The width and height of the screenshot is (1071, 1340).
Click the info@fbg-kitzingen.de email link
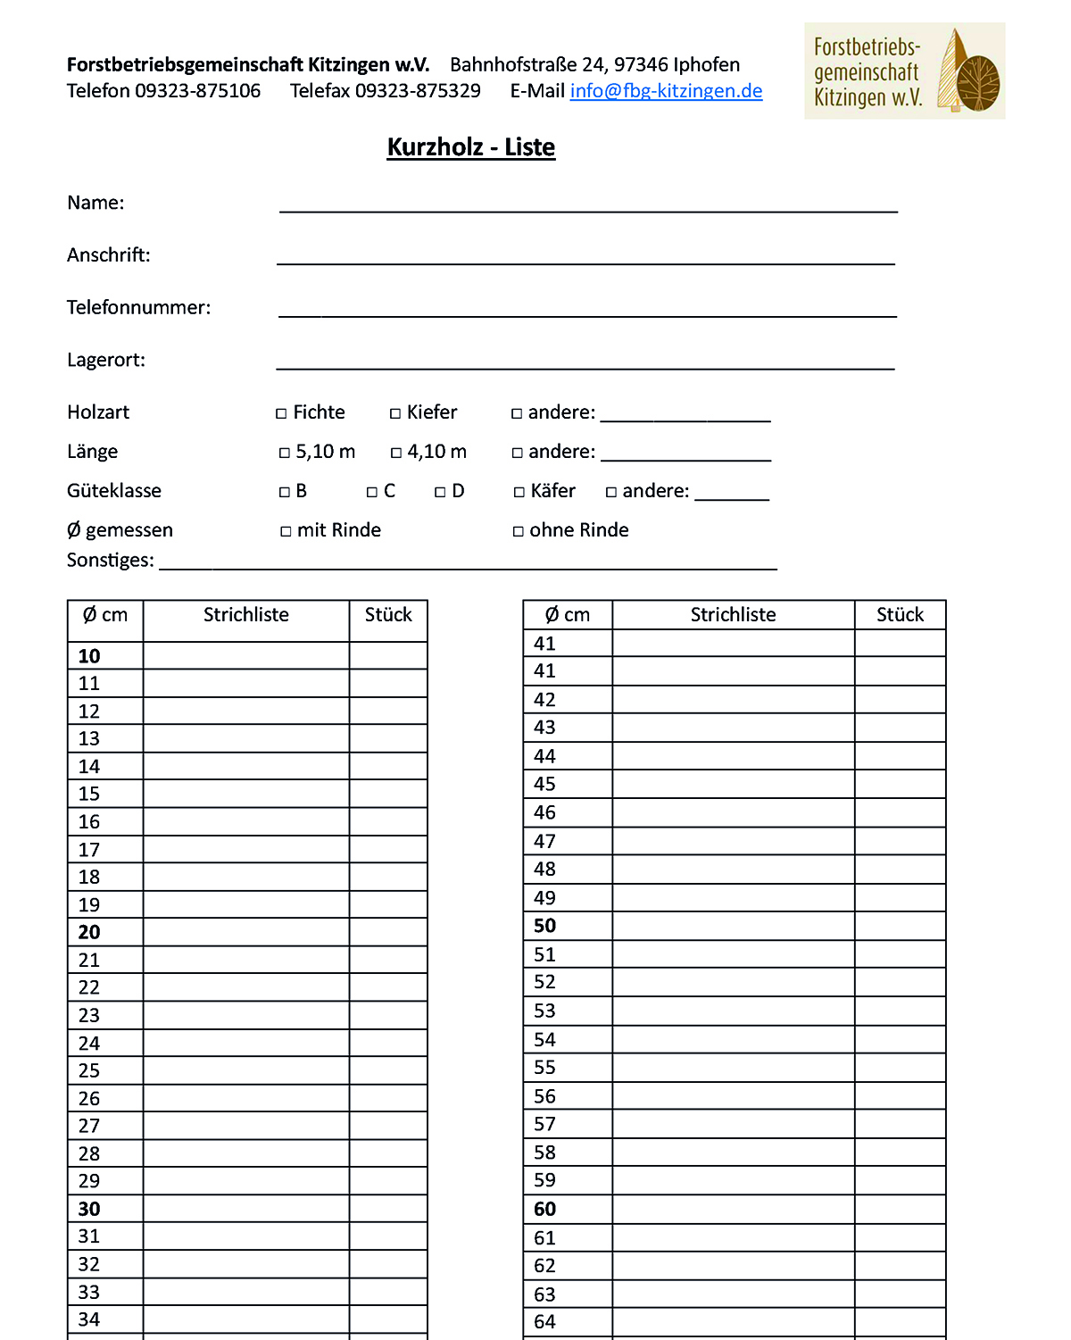click(666, 91)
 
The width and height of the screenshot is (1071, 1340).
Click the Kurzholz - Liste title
click(470, 147)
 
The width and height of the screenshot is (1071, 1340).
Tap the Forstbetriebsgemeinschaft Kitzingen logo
click(904, 71)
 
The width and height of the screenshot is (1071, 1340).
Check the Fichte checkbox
click(281, 413)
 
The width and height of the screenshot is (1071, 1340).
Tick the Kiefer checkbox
click(395, 413)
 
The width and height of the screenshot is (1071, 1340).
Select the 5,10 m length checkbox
click(285, 453)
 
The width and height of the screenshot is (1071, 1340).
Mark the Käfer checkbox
click(519, 492)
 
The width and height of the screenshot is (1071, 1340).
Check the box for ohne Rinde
click(519, 531)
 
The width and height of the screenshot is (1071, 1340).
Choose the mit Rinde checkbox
click(286, 531)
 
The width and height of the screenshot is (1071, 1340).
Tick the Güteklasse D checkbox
click(440, 492)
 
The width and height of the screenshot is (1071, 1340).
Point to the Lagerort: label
click(106, 360)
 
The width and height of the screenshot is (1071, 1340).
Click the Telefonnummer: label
click(139, 308)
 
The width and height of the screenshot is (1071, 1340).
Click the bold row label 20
click(89, 932)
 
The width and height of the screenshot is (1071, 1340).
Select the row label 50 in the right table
click(544, 926)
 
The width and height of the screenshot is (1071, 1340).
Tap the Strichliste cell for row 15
click(245, 794)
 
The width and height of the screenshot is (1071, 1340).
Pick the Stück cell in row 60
click(900, 1209)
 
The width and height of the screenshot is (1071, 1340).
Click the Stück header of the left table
click(388, 615)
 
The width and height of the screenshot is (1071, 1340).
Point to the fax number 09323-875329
click(418, 91)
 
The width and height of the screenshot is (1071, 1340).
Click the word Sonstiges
click(109, 561)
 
